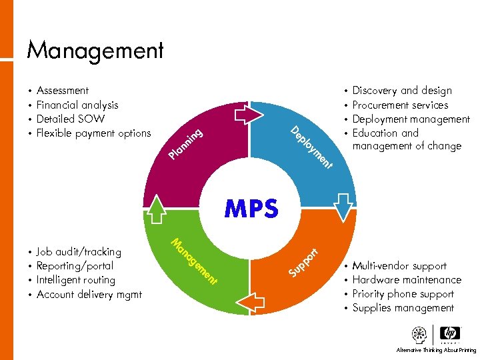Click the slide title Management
tap(95, 51)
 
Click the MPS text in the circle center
tap(251, 209)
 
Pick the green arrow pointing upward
tap(157, 209)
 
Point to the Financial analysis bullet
tap(77, 105)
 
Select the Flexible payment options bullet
tap(94, 133)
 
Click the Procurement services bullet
tap(400, 105)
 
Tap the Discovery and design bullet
tap(402, 91)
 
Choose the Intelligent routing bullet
tap(76, 280)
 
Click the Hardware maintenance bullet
tap(407, 280)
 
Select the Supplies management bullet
tap(403, 308)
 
